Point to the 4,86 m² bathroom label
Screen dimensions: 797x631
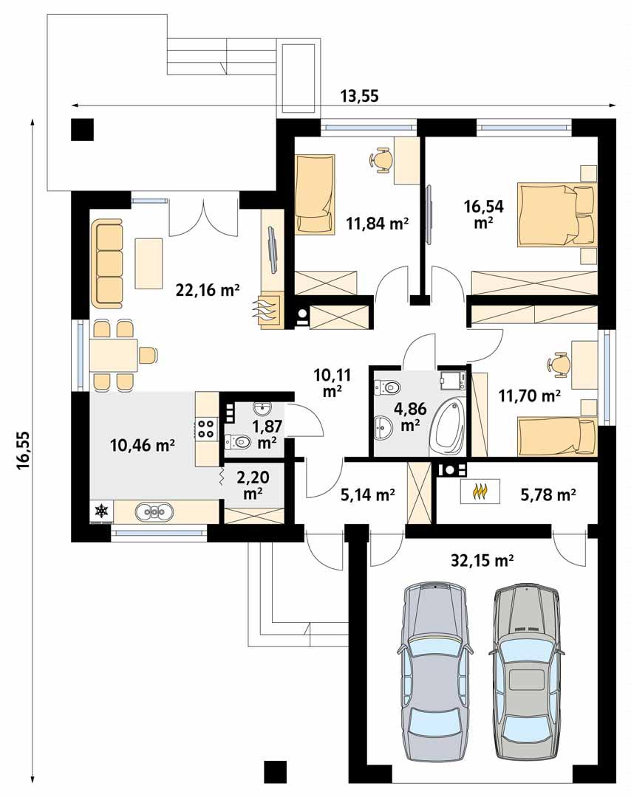pos(406,418)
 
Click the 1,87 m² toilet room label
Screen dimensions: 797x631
pos(265,434)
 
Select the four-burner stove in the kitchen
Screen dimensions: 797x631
pos(206,429)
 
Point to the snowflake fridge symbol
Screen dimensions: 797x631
pos(101,511)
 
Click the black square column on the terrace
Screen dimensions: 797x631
pos(83,129)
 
